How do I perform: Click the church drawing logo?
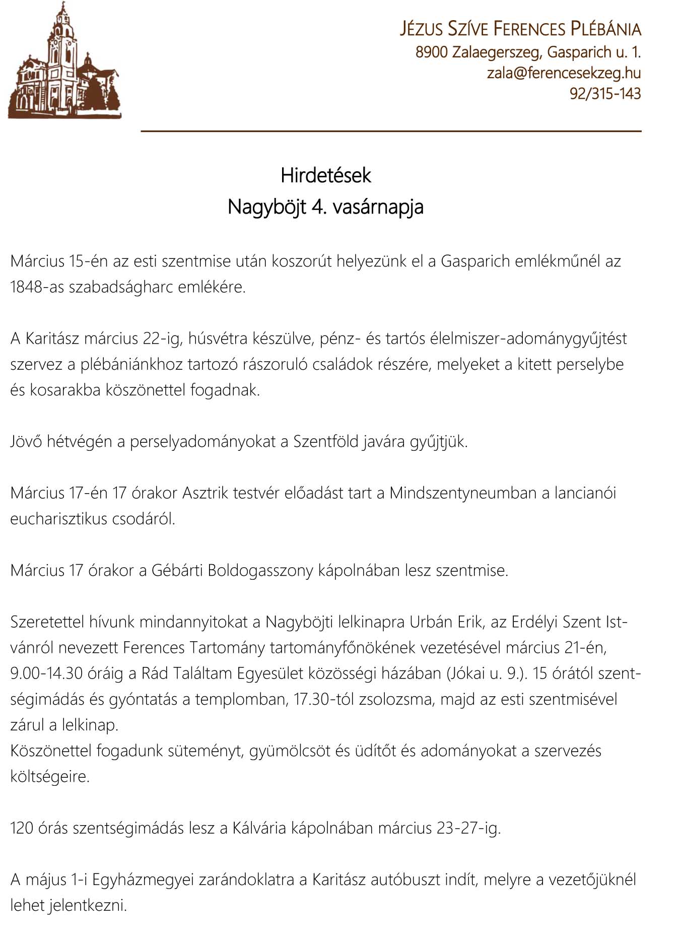(x=64, y=61)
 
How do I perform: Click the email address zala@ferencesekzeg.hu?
(x=564, y=73)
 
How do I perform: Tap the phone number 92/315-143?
(x=605, y=94)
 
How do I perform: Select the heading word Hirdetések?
(x=325, y=175)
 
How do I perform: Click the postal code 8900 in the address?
(x=432, y=52)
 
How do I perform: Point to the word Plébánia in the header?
(x=606, y=29)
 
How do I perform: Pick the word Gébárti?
(x=177, y=570)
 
